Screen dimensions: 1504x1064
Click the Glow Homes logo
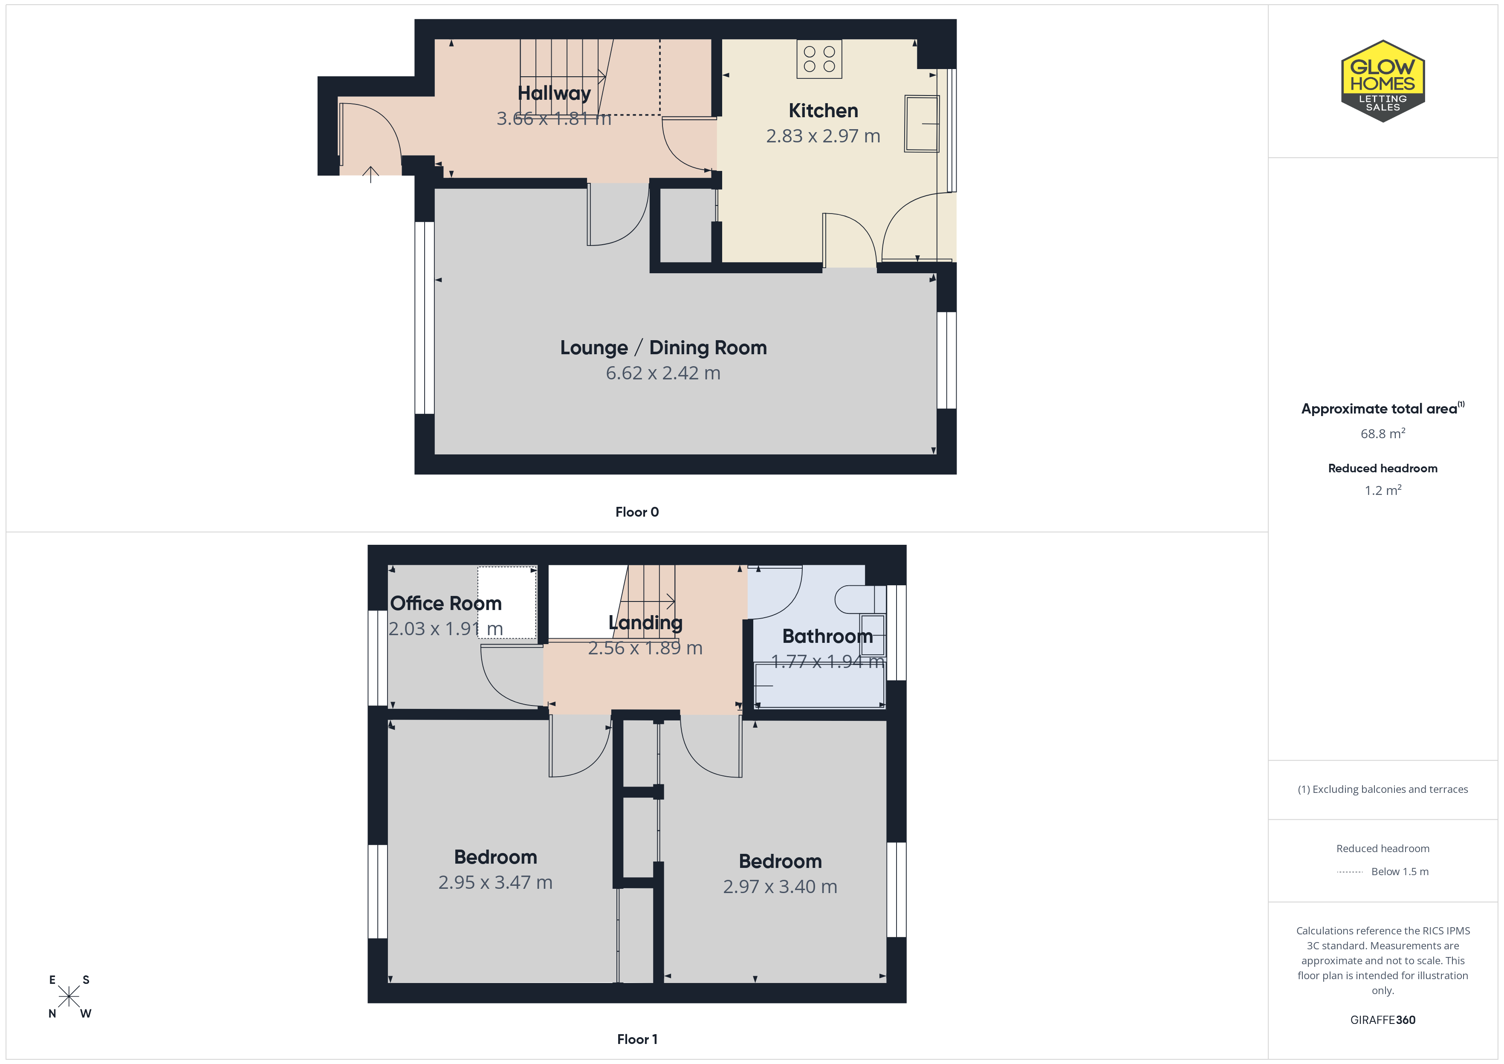tap(1383, 81)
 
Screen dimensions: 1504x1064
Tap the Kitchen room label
tap(823, 111)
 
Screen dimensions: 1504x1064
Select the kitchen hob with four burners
tap(819, 59)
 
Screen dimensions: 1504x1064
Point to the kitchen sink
tap(922, 124)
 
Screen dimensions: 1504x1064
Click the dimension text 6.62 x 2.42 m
tap(663, 373)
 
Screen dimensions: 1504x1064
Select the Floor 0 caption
tap(637, 512)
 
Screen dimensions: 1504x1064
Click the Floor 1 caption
tap(637, 1039)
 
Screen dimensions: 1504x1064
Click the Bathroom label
tap(827, 636)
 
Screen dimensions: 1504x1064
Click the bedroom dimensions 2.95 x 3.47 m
tap(495, 882)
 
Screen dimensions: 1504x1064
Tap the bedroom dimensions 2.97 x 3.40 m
tap(780, 886)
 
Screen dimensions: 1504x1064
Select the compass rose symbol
tap(69, 997)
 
